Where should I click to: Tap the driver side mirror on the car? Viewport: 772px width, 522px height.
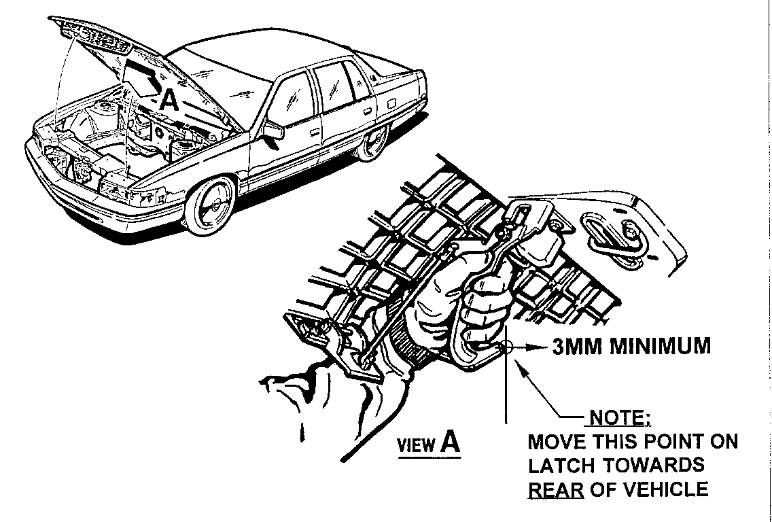[274, 130]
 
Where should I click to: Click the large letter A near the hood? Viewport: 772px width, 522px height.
[169, 101]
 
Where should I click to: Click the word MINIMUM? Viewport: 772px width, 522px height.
[659, 347]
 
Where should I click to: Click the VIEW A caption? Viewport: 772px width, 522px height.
[428, 445]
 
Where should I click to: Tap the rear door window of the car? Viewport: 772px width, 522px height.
[334, 81]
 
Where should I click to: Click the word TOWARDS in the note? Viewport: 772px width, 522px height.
[652, 466]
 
